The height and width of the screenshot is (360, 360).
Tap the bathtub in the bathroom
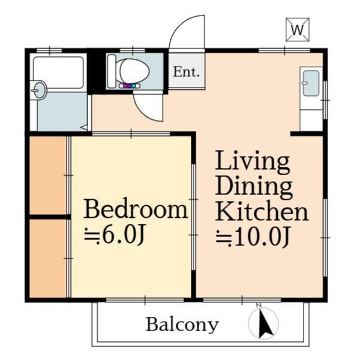58,73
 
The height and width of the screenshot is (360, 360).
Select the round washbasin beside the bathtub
40,90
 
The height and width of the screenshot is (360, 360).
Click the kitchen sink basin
311,83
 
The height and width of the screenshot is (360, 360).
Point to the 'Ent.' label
186,72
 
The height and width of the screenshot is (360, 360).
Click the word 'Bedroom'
136,209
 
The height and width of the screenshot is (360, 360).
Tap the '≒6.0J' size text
115,235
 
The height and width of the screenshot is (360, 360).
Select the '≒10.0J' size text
253,236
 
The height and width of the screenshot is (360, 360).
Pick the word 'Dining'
254,187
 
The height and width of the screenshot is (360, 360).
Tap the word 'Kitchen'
262,211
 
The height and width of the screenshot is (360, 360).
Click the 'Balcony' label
182,325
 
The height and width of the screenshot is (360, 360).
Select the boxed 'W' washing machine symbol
298,29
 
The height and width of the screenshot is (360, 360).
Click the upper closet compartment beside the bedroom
48,175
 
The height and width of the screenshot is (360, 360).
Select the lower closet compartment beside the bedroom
48,258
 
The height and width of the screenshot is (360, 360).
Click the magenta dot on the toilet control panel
125,86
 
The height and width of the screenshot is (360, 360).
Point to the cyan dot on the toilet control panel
133,86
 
